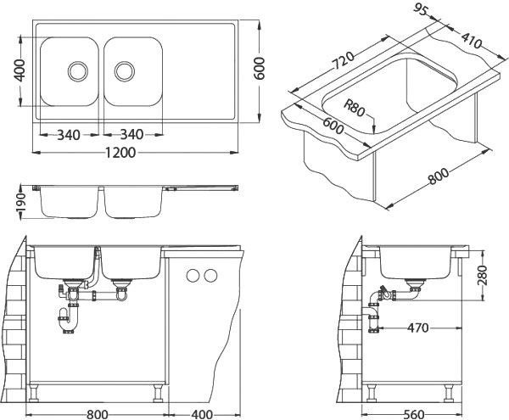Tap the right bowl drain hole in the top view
[x=126, y=69]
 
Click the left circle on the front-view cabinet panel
[x=192, y=275]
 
